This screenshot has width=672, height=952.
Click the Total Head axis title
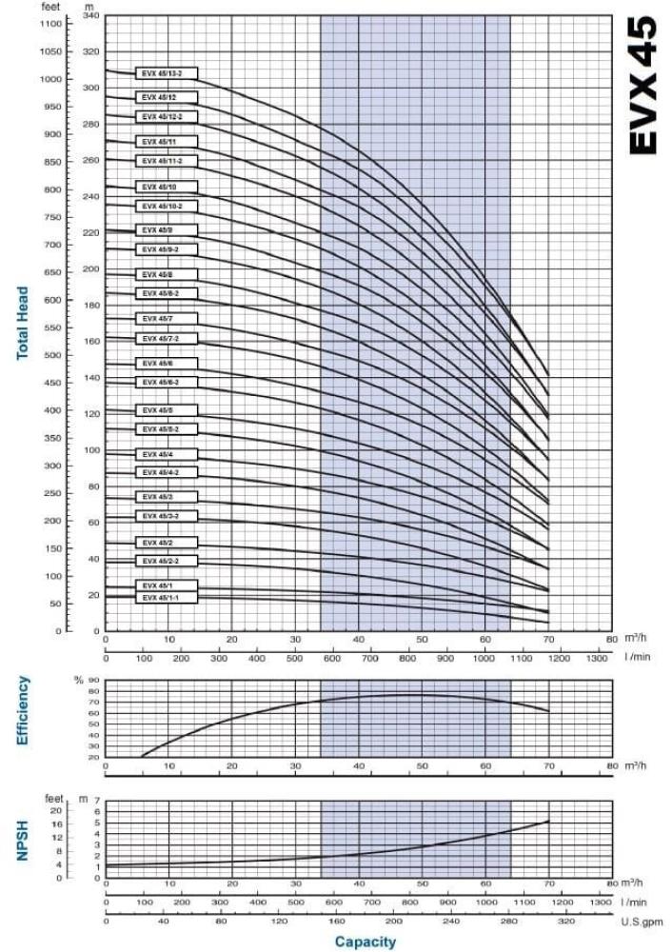pyautogui.click(x=22, y=324)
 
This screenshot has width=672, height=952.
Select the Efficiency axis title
pyautogui.click(x=22, y=710)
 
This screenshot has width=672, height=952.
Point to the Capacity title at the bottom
pyautogui.click(x=365, y=942)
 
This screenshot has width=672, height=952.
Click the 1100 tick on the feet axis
pyautogui.click(x=50, y=24)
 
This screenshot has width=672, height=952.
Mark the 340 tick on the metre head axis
pyautogui.click(x=90, y=16)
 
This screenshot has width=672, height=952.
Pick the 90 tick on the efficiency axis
pyautogui.click(x=94, y=681)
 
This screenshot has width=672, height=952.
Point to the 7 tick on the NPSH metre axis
pyautogui.click(x=96, y=801)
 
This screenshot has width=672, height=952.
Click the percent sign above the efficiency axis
pyautogui.click(x=79, y=680)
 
